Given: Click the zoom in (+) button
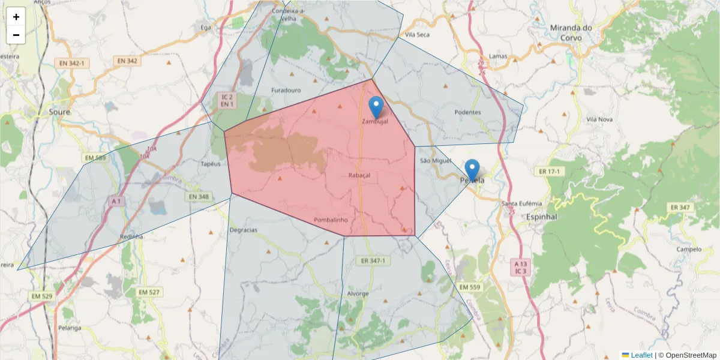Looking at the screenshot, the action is point(16,17).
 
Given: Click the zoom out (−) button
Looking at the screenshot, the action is point(16,35).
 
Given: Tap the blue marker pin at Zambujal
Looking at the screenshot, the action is point(376,107).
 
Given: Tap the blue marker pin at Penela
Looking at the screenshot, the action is point(472,170).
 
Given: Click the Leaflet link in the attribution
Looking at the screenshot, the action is point(641,355).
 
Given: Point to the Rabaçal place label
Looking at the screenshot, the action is point(359,175).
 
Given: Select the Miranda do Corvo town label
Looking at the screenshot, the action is point(571,32).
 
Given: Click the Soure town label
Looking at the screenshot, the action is point(59,112).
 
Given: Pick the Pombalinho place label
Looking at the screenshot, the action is point(331,220).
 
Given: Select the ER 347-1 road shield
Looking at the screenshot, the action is point(373,261).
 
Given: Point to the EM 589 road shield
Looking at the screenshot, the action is point(95,158).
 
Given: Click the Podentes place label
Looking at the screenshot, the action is point(467,112).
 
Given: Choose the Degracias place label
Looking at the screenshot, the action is point(243,230).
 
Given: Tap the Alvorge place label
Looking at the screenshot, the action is point(358,294).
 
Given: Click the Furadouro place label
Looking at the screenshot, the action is point(286,90).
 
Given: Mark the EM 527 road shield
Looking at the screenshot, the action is point(149,292).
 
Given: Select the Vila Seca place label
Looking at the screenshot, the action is point(418,35).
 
